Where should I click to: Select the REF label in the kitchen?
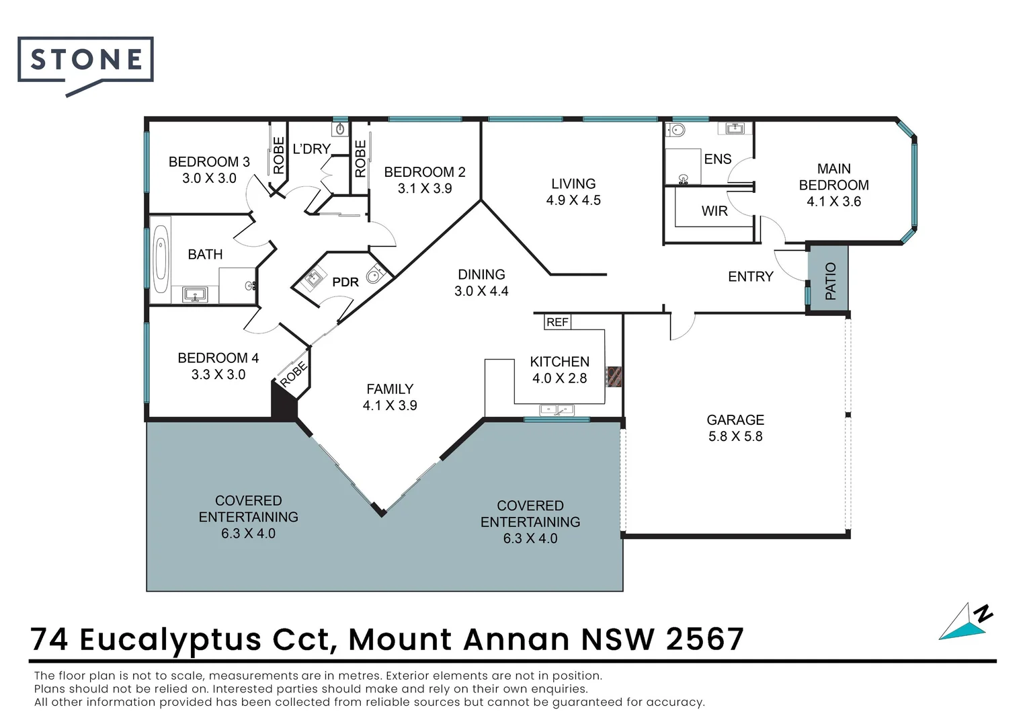point(557,323)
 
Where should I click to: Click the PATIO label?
point(831,281)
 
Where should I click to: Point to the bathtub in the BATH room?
point(161,259)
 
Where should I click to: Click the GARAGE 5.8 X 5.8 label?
point(735,428)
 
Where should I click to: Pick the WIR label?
point(714,211)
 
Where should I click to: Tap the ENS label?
point(718,159)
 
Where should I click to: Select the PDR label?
point(345,282)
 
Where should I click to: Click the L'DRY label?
point(312,149)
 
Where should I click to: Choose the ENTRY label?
point(751,277)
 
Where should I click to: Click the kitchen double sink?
point(557,409)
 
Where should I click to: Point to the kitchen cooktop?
point(614,376)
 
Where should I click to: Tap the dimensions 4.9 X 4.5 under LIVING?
point(573,200)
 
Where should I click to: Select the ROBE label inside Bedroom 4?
point(294,374)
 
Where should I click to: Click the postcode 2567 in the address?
point(705,639)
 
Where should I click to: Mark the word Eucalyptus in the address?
point(170,639)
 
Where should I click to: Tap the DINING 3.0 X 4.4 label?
point(481,283)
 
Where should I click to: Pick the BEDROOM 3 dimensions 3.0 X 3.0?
point(209,179)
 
